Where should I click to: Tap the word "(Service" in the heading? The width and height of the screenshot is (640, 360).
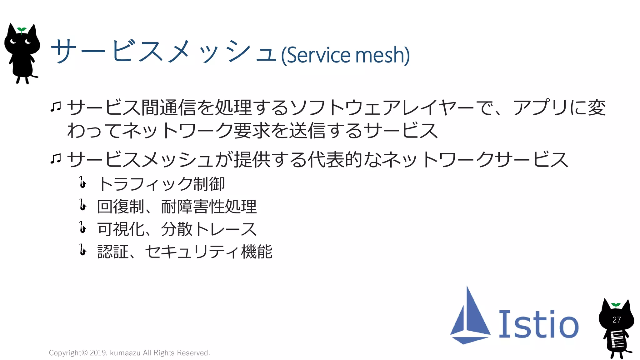click(316, 55)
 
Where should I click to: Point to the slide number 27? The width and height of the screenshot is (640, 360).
click(616, 320)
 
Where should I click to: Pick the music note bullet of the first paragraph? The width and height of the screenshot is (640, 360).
click(56, 107)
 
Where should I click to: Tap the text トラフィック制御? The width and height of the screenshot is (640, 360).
click(161, 184)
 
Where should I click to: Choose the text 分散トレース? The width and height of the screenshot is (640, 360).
click(209, 229)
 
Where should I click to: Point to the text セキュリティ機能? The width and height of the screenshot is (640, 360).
click(208, 252)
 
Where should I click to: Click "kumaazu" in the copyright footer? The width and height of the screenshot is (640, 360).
click(125, 353)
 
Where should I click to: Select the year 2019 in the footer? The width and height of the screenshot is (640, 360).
click(98, 353)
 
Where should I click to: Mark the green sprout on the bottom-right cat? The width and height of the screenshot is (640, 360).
click(616, 305)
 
